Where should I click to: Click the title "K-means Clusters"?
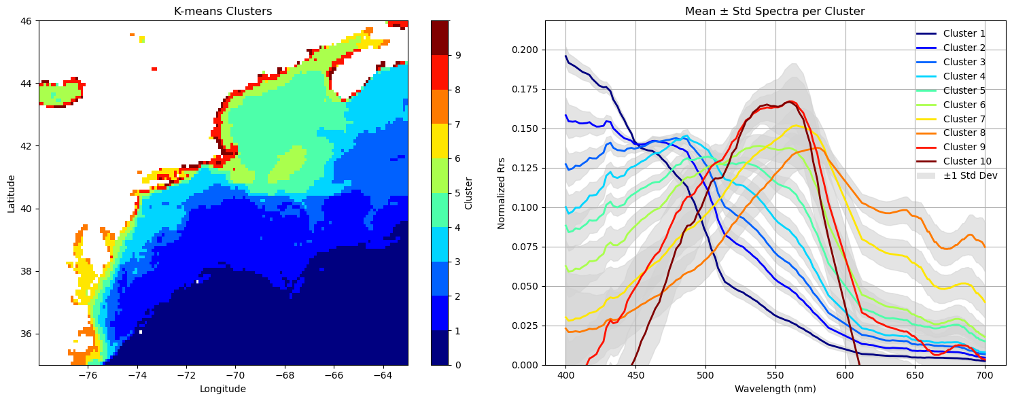tap(223, 12)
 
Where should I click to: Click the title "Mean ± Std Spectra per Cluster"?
tap(775, 12)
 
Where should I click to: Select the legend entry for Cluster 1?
tap(951, 33)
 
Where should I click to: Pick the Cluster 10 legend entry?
tap(954, 161)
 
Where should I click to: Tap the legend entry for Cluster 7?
tap(951, 119)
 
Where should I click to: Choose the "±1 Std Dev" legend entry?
tap(957, 175)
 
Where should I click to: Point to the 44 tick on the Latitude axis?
tap(28, 84)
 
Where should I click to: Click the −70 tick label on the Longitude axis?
tap(235, 376)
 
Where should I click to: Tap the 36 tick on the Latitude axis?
tap(28, 334)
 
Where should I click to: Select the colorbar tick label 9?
tap(458, 55)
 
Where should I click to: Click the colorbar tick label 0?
tap(458, 365)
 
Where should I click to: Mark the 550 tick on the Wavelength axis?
tap(775, 376)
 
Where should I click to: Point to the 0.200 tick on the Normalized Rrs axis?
tap(526, 50)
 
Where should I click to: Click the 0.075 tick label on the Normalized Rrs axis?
tap(526, 247)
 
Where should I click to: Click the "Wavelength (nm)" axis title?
tap(775, 389)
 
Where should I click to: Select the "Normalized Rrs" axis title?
tap(502, 193)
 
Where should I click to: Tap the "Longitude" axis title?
tap(223, 389)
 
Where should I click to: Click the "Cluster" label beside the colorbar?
tap(468, 193)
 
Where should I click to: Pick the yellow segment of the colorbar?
tap(440, 141)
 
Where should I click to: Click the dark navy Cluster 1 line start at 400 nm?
tap(565, 56)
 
